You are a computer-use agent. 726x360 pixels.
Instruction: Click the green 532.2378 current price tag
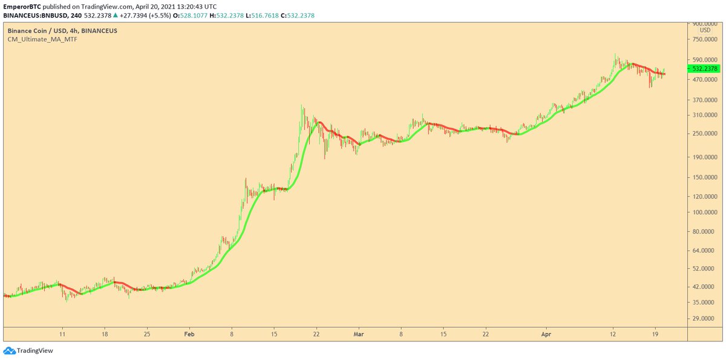(705, 69)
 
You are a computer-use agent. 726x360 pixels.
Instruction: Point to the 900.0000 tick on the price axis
(705, 24)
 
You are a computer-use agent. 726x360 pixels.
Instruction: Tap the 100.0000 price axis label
(705, 212)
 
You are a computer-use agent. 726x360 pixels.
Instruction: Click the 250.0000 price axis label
(705, 134)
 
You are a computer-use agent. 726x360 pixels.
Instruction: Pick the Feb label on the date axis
(189, 333)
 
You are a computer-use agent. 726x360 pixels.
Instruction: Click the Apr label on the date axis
(546, 333)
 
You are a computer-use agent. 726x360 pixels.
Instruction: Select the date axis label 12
(613, 333)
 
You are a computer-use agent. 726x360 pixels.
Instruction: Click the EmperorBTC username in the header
(22, 6)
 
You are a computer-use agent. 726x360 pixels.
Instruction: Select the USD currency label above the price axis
(705, 30)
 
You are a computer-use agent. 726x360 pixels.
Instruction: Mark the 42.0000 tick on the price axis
(705, 286)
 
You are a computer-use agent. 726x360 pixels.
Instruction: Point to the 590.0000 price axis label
(705, 59)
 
